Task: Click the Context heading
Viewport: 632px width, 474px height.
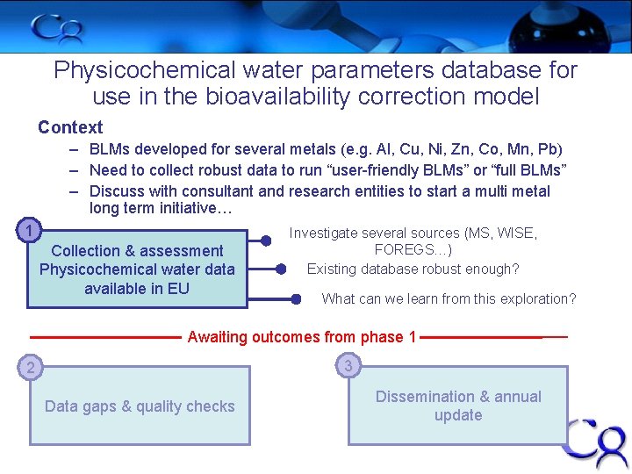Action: [x=70, y=127]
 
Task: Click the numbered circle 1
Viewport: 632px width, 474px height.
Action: [x=30, y=232]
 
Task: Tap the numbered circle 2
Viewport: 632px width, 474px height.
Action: [x=30, y=368]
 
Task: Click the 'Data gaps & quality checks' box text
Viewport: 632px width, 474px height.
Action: [x=140, y=406]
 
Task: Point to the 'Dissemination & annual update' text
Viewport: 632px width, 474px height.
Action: [x=458, y=406]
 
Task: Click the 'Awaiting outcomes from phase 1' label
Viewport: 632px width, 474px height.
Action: [x=302, y=337]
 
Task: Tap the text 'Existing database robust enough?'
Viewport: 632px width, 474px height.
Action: [x=413, y=269]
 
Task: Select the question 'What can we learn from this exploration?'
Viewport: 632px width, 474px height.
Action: [x=449, y=298]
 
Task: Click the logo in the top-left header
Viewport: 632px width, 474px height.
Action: [x=58, y=28]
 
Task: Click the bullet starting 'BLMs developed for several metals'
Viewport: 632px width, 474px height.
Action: [x=326, y=150]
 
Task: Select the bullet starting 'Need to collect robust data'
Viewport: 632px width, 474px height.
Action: [x=327, y=169]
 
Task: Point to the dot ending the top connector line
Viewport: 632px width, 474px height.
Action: [x=266, y=238]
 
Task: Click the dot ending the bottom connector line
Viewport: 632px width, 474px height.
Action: [x=296, y=299]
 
